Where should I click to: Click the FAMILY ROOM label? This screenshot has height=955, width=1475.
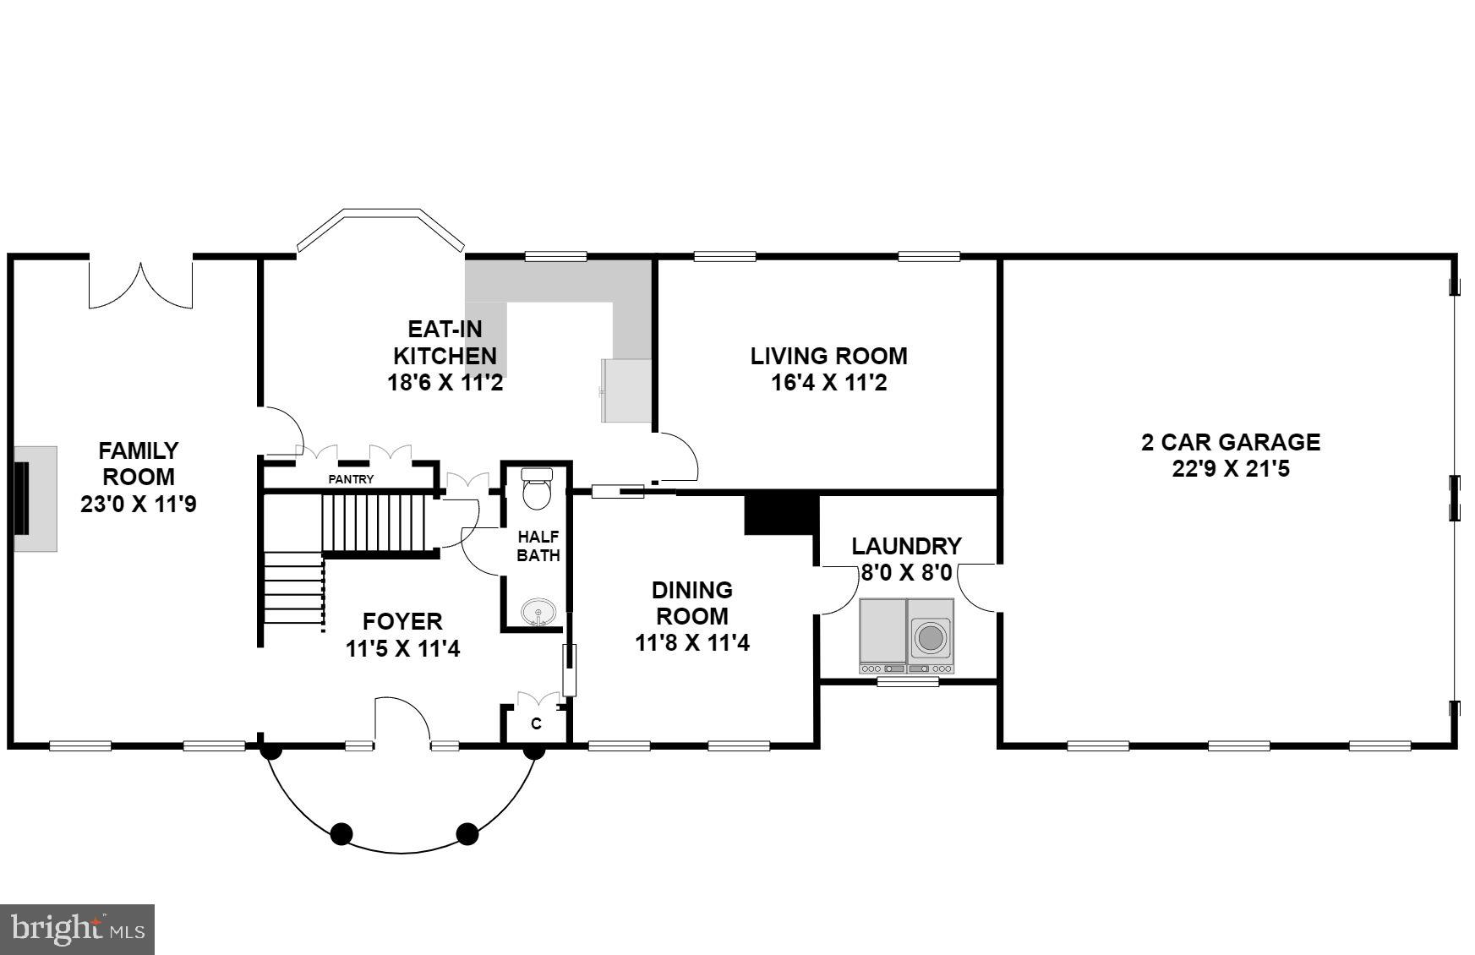point(139,463)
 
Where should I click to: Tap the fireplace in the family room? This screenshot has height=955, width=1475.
point(34,499)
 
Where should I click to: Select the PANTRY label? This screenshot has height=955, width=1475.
point(351,479)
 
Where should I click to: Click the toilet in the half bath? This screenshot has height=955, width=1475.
point(536,488)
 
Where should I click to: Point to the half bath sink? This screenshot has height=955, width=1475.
point(538,610)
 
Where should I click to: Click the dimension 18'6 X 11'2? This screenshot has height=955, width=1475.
point(445,383)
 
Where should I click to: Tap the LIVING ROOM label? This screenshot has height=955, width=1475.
point(828,356)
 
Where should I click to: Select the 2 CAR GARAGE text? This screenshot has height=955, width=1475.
point(1230,442)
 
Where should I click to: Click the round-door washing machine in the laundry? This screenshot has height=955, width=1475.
point(931,636)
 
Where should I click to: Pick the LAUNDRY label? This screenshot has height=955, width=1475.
point(906,546)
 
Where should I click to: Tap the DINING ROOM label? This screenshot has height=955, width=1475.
point(691,603)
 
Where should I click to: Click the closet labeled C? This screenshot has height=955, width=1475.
point(536,723)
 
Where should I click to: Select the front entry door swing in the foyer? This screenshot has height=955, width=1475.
point(402,723)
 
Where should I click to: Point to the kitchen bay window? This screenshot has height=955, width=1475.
point(380,226)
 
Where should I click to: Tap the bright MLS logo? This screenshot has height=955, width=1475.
point(77,930)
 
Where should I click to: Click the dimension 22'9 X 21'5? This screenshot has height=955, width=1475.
point(1230,469)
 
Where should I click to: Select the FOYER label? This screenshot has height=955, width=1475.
point(402,622)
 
